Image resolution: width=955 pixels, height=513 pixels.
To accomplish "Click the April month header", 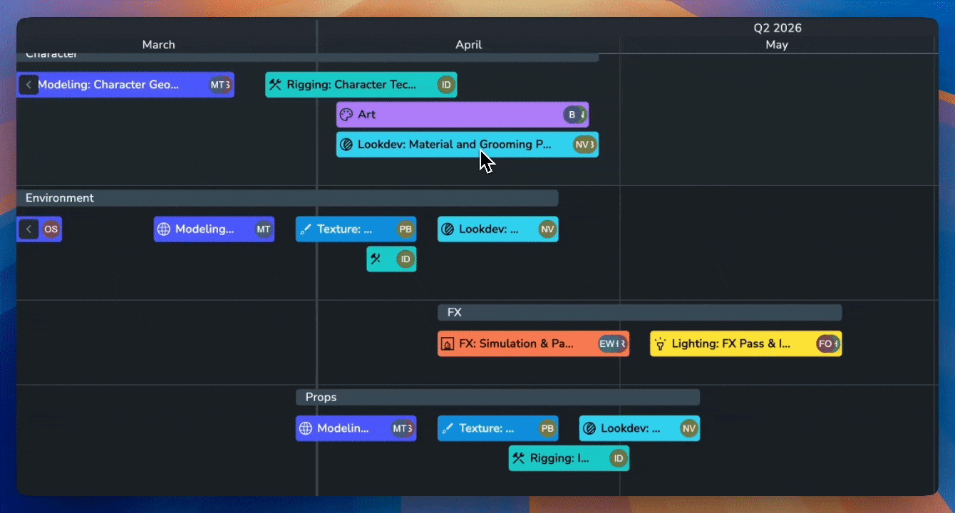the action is coord(468,45).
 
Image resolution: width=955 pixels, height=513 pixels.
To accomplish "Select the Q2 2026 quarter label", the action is coord(778,28).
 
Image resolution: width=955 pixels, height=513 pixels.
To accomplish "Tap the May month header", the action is coord(776,45).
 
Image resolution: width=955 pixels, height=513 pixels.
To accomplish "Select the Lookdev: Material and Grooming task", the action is coord(454,145).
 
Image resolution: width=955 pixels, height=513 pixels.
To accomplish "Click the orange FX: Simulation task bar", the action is coord(516,344).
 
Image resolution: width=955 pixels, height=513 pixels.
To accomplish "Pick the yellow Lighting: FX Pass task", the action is coord(731,344).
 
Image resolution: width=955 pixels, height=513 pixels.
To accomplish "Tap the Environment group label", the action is coord(60,198).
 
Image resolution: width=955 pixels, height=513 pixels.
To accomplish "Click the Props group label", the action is coord(321,398).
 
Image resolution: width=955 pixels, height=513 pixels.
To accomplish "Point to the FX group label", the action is coord(455,313).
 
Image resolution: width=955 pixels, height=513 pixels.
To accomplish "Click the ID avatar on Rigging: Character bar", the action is coord(446,85).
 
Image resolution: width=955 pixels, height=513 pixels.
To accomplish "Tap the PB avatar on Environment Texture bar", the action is coord(406,229).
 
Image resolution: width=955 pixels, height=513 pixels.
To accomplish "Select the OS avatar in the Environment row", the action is coord(51,229).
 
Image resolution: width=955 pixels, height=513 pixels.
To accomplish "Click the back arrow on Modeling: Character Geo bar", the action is coord(29,85).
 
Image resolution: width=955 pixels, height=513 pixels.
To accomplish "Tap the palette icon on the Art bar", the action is coord(346,115).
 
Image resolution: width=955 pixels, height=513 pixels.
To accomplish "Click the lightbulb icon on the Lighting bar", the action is coord(661,344).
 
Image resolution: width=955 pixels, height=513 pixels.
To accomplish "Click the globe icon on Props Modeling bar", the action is coord(306,428).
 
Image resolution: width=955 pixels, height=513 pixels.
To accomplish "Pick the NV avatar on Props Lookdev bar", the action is coord(688,428).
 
